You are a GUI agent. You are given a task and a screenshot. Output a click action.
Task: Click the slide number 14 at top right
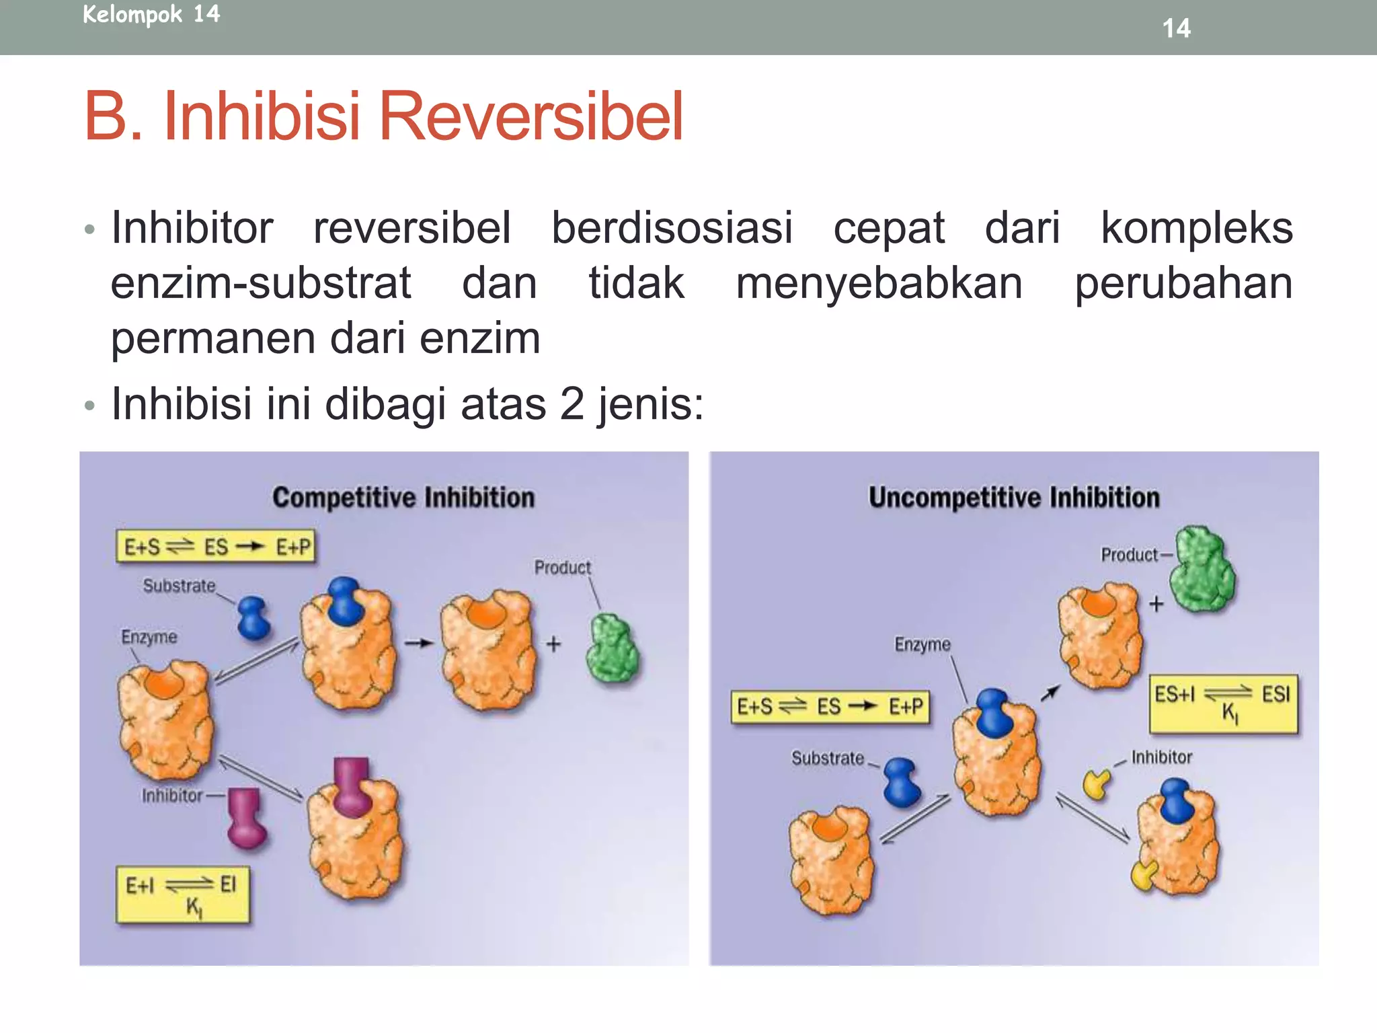pos(1176,28)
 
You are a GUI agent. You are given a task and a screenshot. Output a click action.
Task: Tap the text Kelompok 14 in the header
pos(151,14)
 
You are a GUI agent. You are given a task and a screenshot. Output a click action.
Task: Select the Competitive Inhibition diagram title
pos(403,498)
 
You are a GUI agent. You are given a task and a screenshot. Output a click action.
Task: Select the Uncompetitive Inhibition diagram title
pos(1014,498)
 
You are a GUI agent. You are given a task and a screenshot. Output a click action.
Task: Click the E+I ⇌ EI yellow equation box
pos(183,894)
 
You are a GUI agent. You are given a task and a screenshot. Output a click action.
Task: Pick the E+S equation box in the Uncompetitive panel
pos(830,707)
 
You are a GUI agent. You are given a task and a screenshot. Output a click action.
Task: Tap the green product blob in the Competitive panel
pos(612,649)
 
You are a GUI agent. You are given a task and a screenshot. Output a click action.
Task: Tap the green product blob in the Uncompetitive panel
pos(1202,570)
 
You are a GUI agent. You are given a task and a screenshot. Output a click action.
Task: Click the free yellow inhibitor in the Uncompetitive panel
pos(1097,784)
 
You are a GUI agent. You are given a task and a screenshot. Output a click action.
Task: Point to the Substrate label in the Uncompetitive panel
pos(828,758)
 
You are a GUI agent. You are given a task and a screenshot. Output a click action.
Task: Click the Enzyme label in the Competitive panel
pos(149,637)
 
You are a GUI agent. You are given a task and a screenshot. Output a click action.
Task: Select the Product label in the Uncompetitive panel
pos(1130,555)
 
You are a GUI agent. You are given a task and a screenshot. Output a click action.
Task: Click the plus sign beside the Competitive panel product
pos(553,644)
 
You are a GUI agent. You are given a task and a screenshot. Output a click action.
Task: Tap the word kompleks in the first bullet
pos(1196,227)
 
